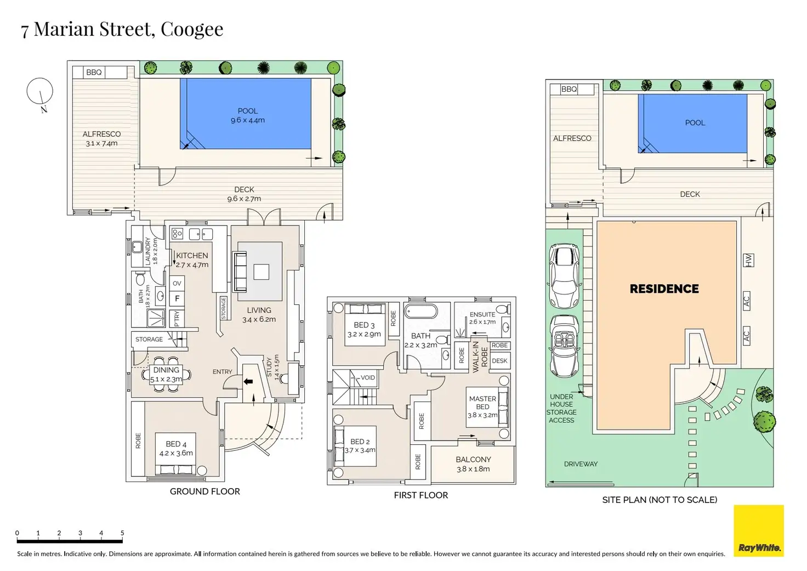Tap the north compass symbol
point(40,91)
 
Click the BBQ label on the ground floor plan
point(94,72)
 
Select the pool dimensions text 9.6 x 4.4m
point(248,120)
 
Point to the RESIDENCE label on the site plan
point(664,289)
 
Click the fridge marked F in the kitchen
point(177,299)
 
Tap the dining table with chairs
point(166,375)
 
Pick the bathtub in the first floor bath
point(421,312)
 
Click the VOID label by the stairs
point(368,377)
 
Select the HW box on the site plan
point(748,260)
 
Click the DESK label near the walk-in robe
point(499,361)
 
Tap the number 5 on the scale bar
point(122,533)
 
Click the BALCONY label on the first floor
point(473,460)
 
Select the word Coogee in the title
point(192,29)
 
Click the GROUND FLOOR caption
point(204,491)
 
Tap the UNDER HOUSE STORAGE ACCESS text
point(561,408)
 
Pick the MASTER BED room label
point(482,403)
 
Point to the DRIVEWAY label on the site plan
point(581,464)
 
